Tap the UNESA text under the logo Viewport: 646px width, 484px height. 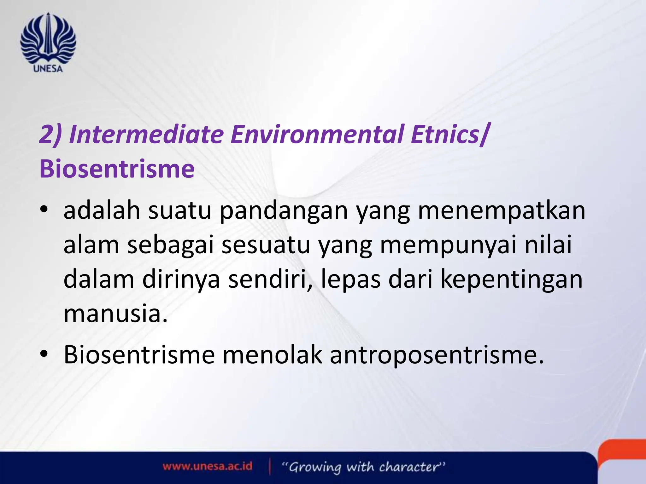(48, 69)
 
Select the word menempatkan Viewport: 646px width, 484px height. (502, 211)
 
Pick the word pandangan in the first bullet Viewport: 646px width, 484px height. (284, 211)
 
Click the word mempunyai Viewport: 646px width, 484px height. (448, 245)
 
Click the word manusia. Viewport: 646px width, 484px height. (115, 314)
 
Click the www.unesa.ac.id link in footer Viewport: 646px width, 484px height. (208, 466)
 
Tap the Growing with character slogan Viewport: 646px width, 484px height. (363, 467)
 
